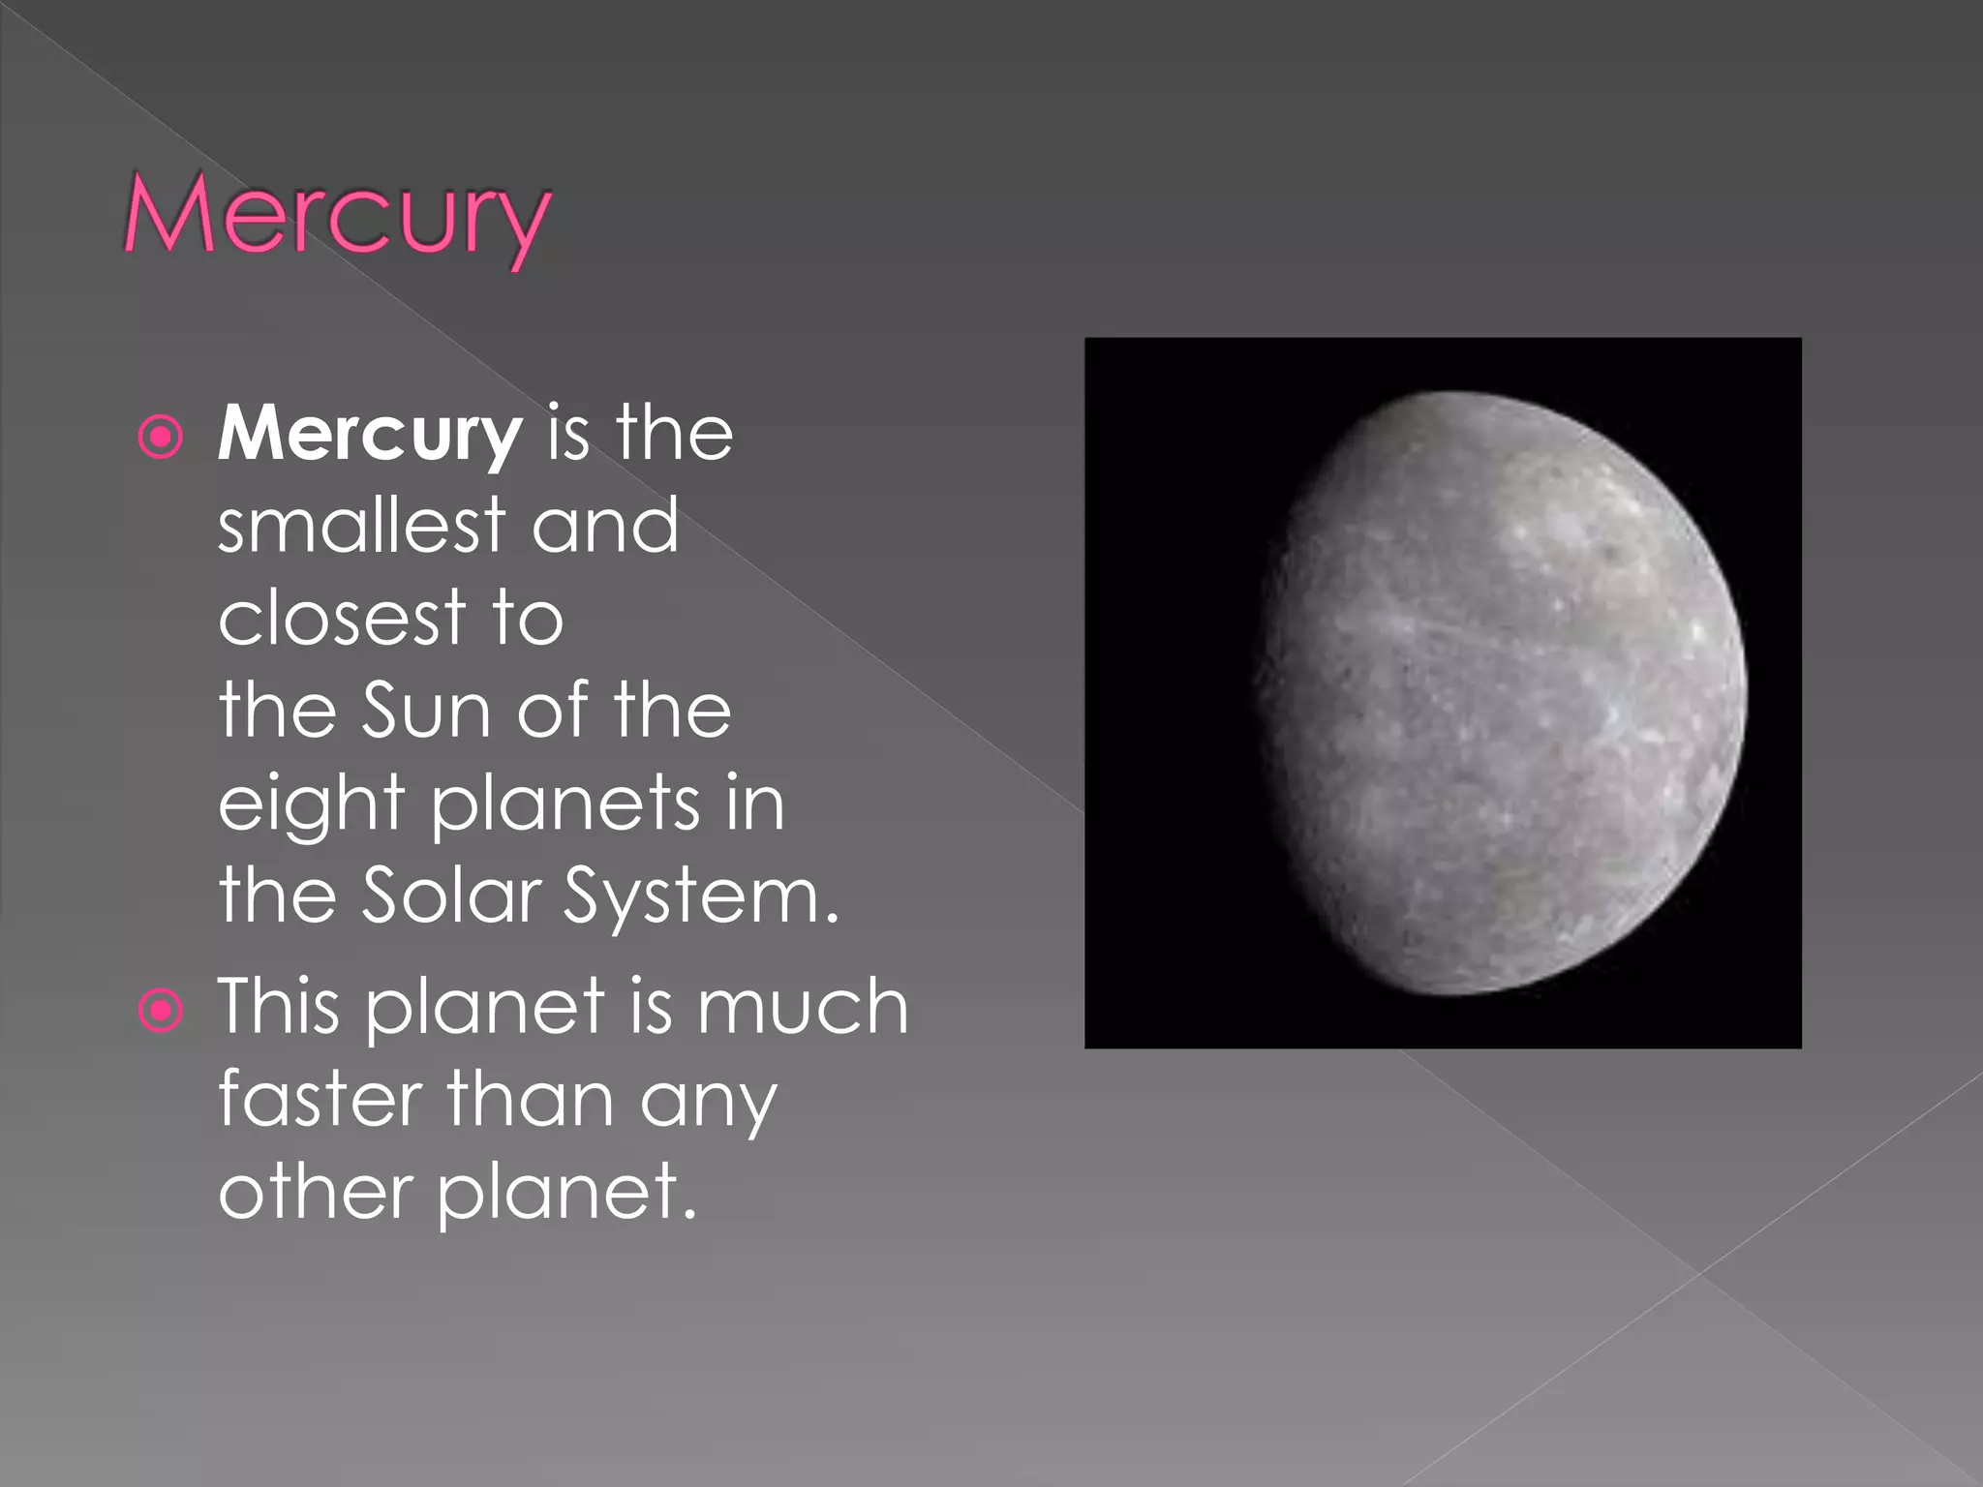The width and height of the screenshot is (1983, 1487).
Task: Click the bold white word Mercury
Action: coord(370,435)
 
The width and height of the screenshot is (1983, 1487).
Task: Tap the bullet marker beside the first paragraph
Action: coord(161,437)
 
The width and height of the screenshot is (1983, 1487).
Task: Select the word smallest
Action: coord(361,525)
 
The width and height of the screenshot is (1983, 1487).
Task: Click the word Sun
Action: coord(426,710)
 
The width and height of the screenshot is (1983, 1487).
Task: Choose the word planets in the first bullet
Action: coord(564,804)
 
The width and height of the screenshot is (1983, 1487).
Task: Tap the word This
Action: coord(279,1007)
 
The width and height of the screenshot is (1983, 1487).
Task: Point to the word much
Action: coord(803,1007)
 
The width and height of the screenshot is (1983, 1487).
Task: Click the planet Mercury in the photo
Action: coord(1501,692)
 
